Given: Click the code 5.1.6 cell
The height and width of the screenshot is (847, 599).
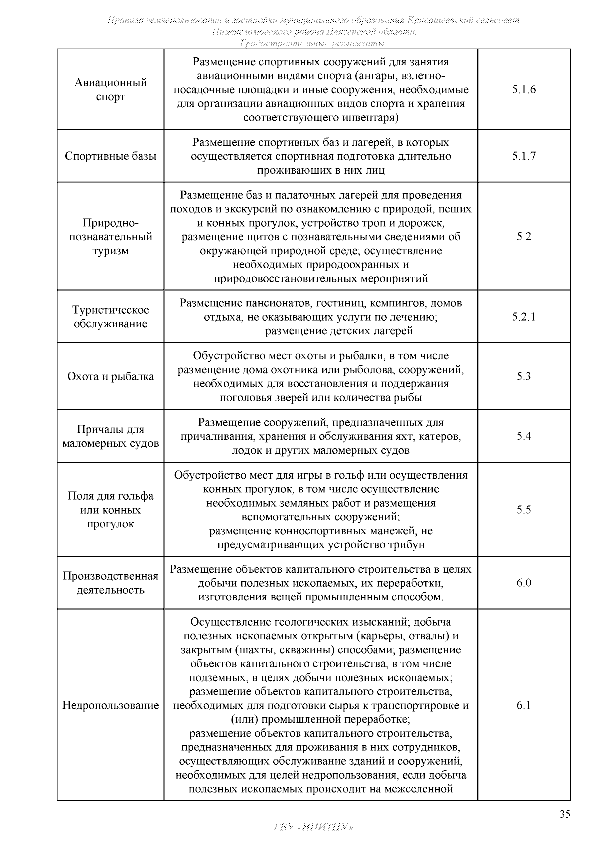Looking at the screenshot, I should [x=523, y=90].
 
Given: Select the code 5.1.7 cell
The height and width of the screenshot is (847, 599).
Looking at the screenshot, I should [x=523, y=156].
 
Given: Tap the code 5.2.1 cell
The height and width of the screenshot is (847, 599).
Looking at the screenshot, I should [x=523, y=317].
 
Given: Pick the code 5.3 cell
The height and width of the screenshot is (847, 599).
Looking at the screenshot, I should [x=523, y=376].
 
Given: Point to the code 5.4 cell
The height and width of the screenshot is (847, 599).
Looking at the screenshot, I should [x=523, y=436].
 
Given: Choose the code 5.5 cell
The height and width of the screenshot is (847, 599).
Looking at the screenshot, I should [x=523, y=510].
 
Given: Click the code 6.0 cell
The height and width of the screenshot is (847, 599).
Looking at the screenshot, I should [x=523, y=583].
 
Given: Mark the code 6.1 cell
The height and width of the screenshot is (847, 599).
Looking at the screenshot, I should [x=523, y=705].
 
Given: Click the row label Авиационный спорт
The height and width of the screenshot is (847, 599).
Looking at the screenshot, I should [x=110, y=90].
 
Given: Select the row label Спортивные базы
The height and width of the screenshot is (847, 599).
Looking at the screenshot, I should [x=110, y=156].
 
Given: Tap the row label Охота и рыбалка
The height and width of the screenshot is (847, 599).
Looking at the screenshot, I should [x=110, y=377].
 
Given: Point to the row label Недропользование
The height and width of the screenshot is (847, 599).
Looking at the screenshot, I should [x=110, y=706].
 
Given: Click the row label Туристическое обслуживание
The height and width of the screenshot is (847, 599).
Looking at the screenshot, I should [x=110, y=317].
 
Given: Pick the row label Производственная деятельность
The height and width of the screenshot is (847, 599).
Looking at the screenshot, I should [x=110, y=583].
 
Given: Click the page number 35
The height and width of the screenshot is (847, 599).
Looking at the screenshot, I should [x=564, y=814].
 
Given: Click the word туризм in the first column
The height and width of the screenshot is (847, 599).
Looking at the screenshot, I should [x=110, y=251].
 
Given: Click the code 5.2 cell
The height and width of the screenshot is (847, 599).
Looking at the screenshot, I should [x=523, y=237].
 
